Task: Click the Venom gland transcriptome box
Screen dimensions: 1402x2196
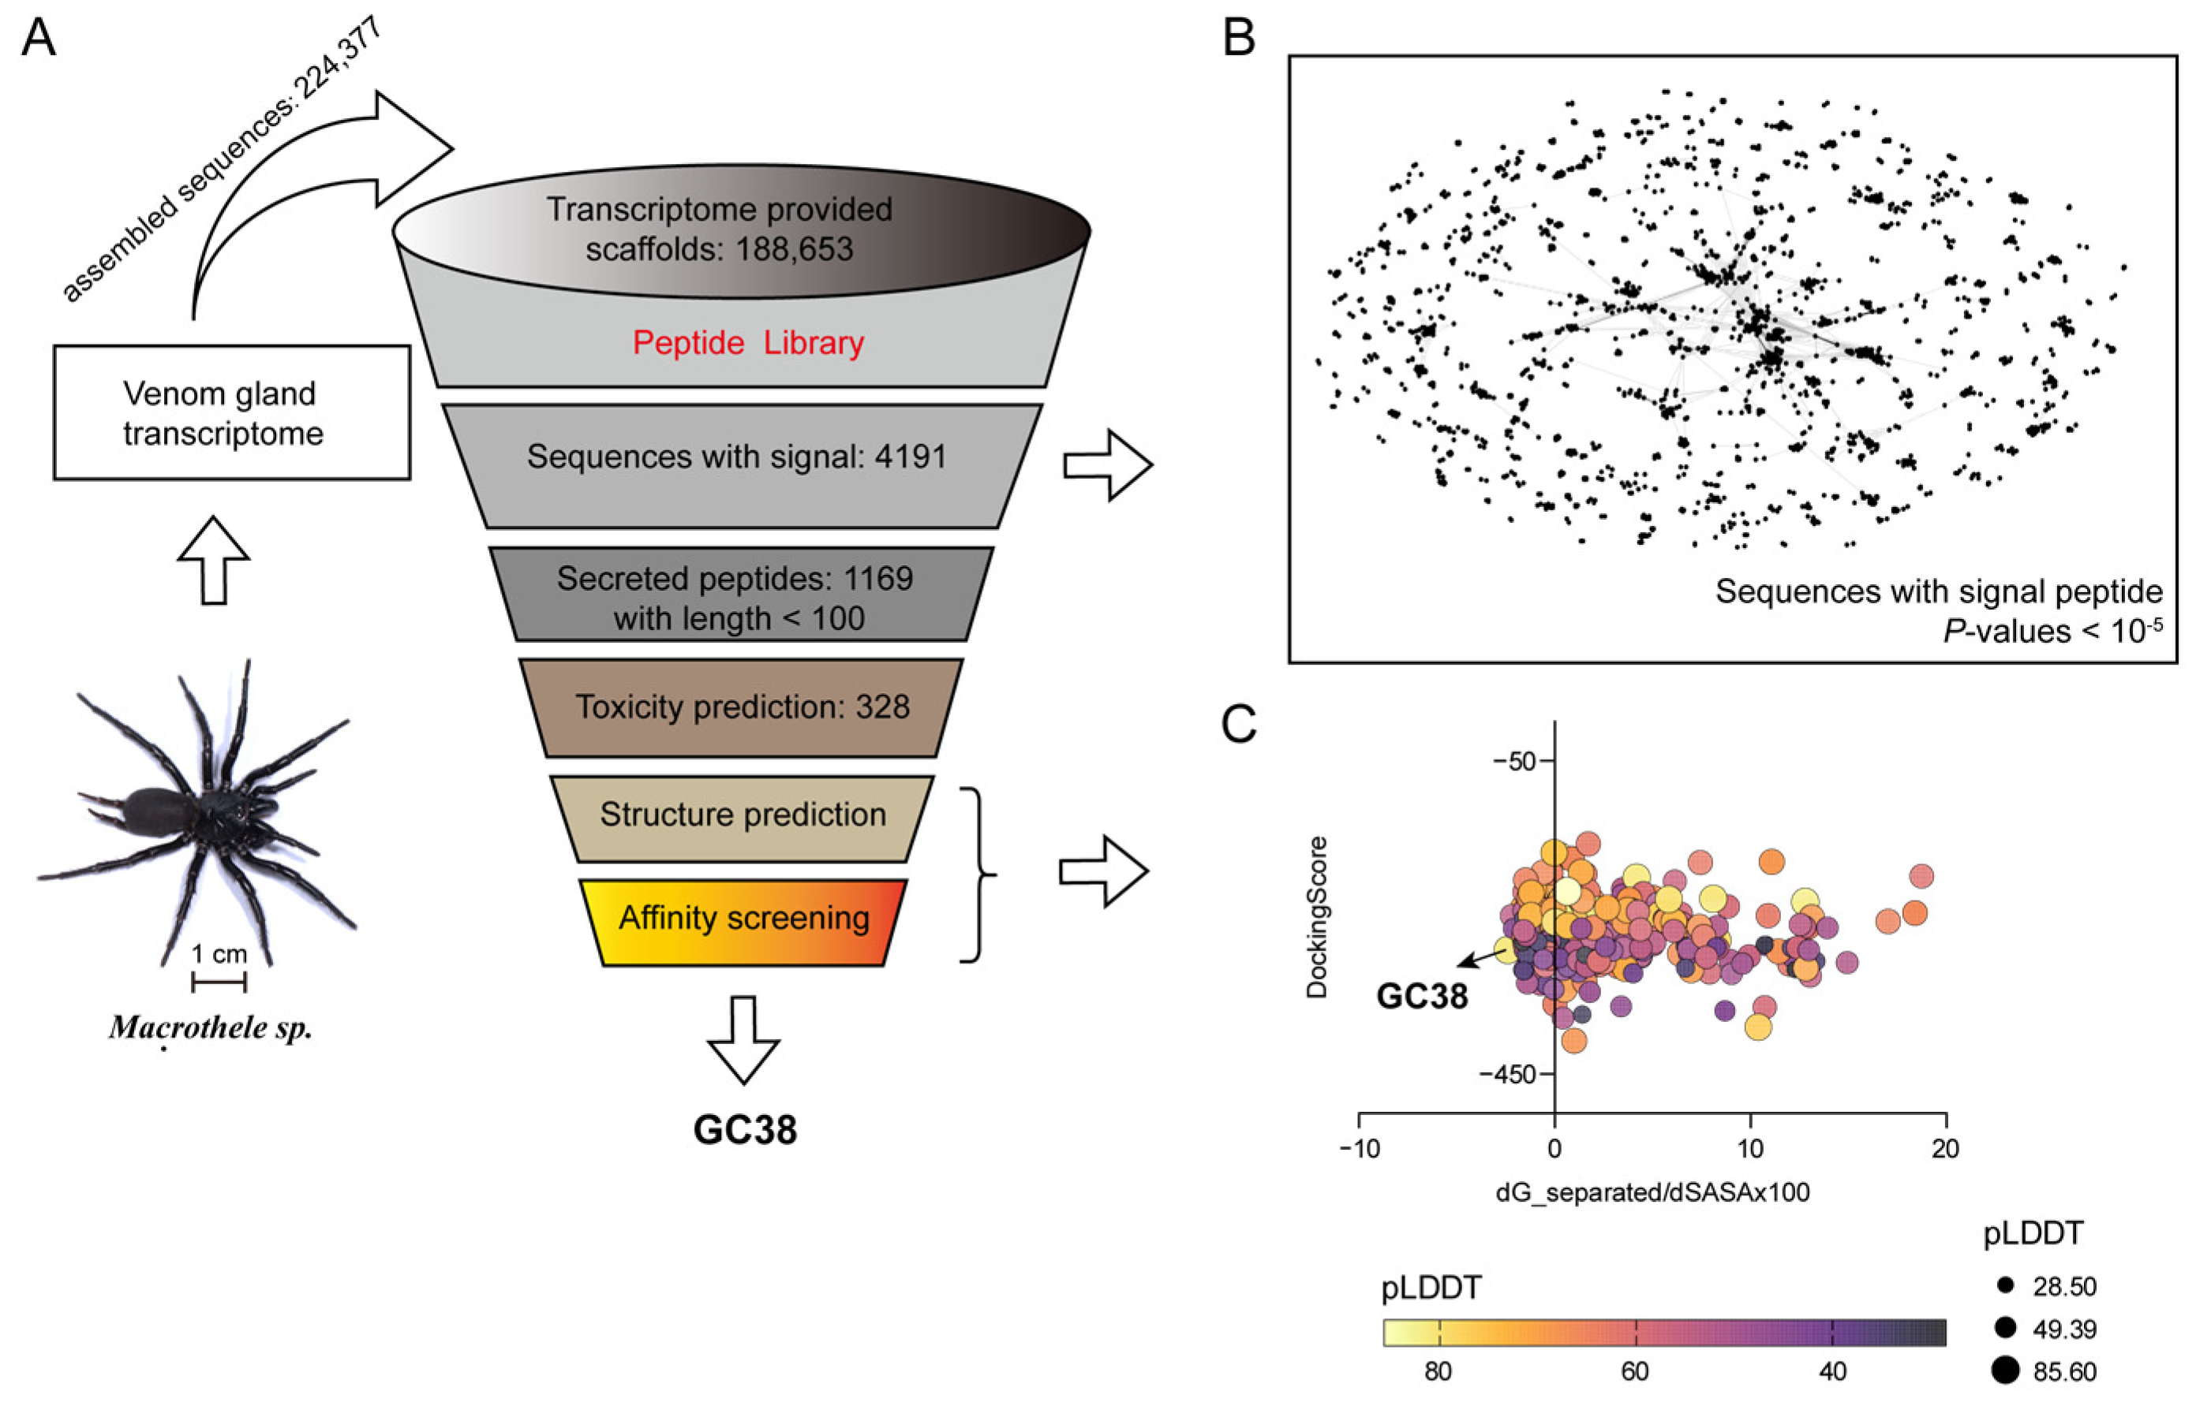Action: pos(232,412)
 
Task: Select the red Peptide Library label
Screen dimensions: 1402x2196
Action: pos(748,343)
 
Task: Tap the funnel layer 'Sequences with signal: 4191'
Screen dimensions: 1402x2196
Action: pos(736,457)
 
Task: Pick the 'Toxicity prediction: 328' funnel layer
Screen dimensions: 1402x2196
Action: pos(742,707)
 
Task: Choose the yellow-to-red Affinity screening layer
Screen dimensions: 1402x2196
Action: pos(743,918)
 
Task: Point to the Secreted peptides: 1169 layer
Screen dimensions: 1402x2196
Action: pos(736,598)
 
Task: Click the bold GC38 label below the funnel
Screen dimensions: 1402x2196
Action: pos(745,1129)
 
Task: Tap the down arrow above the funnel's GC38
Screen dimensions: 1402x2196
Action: pos(744,1040)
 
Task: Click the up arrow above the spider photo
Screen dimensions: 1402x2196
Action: pos(213,561)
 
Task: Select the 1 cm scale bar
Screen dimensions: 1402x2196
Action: pos(219,982)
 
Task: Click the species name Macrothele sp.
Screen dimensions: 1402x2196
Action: pos(211,1027)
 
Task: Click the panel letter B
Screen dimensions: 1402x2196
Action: pos(1238,39)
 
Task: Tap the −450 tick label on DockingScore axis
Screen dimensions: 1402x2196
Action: pos(1509,1074)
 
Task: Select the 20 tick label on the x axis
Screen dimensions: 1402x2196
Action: pos(1945,1149)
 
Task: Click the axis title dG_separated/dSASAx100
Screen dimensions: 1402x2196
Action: pos(1652,1192)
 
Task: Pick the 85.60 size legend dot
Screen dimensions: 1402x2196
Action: pos(2004,1370)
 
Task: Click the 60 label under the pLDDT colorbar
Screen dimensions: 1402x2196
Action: pos(1635,1371)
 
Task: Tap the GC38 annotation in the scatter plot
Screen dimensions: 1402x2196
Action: pos(1422,997)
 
